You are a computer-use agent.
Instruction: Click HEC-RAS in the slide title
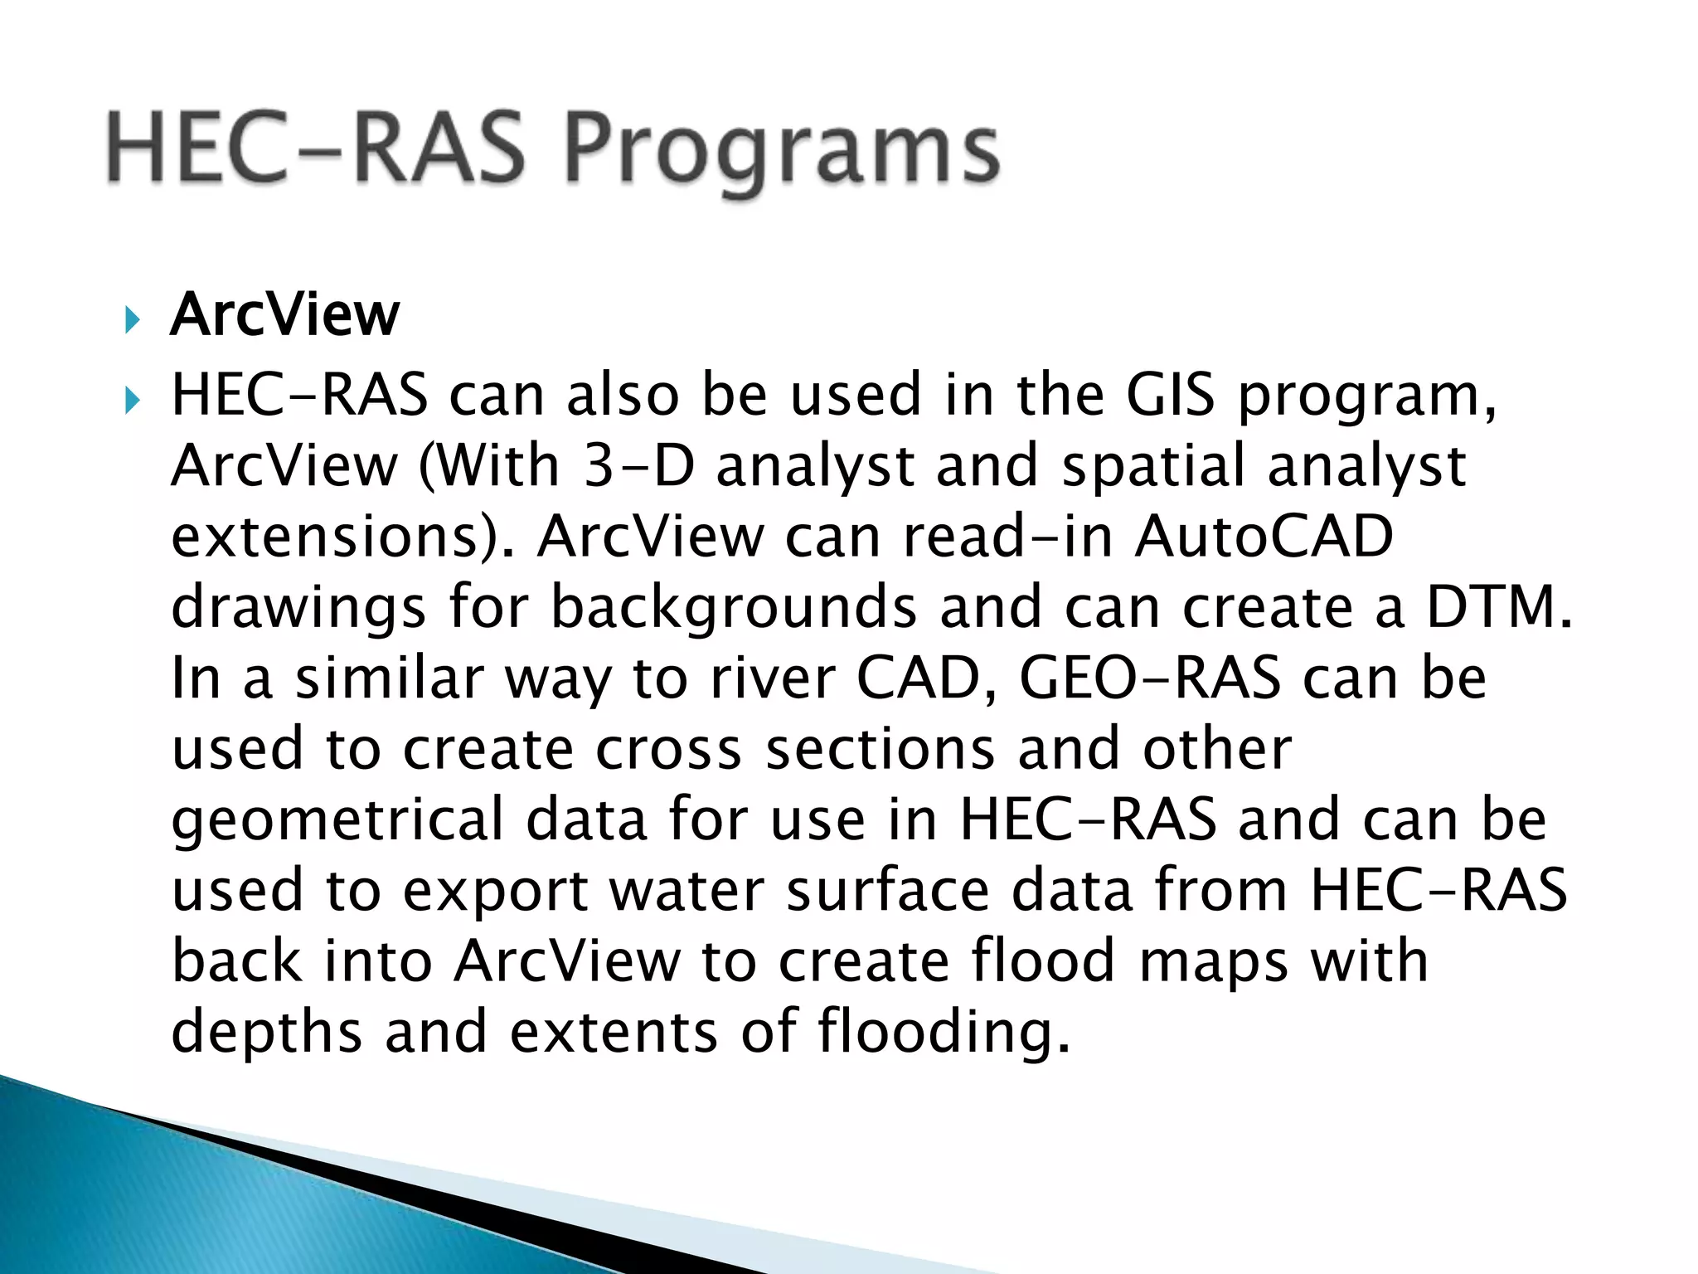point(315,149)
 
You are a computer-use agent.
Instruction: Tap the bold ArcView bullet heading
point(284,315)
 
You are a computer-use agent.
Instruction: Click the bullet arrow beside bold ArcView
point(132,319)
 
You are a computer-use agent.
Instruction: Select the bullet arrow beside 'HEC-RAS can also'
point(132,401)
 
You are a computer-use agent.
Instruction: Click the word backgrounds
point(733,607)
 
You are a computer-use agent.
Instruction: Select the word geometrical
point(337,819)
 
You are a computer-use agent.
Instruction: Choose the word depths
point(266,1032)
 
